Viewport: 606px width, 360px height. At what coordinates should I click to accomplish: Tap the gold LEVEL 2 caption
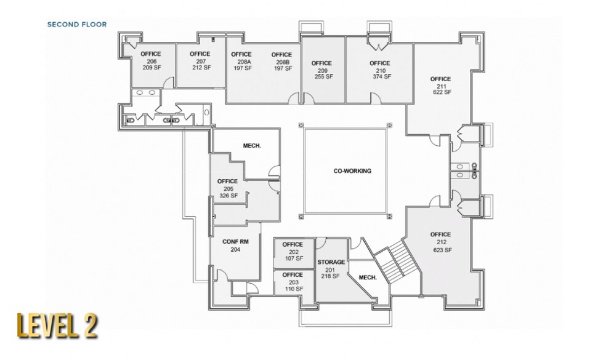click(57, 326)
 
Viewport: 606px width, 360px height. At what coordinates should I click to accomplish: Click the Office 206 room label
click(151, 61)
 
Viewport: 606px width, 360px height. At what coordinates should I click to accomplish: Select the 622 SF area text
click(440, 92)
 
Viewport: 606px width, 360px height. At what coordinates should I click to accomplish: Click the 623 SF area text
click(440, 250)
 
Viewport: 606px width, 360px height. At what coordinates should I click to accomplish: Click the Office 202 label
click(293, 251)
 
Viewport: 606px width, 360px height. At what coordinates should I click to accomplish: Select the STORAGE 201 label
click(331, 269)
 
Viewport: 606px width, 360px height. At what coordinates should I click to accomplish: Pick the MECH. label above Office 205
click(252, 146)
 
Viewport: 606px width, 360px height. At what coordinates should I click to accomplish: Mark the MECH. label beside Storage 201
click(367, 278)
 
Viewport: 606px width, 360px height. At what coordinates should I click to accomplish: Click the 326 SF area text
click(228, 196)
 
